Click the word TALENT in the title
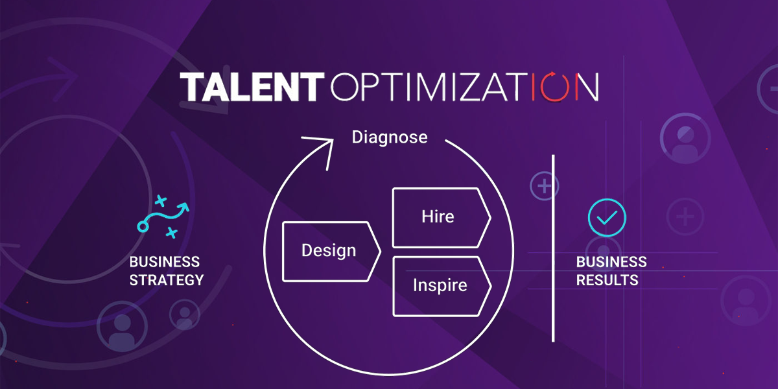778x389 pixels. tap(252, 87)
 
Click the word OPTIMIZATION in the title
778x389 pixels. tap(465, 87)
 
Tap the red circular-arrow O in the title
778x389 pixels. tap(555, 87)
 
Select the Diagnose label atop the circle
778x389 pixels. tap(390, 137)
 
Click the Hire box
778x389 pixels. tap(442, 218)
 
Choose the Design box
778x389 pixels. tap(332, 251)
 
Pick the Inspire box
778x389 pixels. tap(442, 287)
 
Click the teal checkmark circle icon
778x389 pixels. tap(607, 218)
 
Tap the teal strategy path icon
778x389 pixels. tap(163, 217)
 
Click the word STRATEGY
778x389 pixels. tap(167, 280)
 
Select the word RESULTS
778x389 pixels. tap(607, 280)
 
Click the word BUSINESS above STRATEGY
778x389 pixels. tap(165, 262)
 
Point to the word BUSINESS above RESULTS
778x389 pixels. tap(611, 262)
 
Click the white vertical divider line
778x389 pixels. tap(553, 248)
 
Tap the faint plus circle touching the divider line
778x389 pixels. tap(544, 186)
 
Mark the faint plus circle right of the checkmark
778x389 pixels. tap(685, 217)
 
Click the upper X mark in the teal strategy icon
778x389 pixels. tap(161, 201)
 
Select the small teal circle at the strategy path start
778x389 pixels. tap(143, 227)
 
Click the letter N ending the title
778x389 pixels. tap(587, 87)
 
